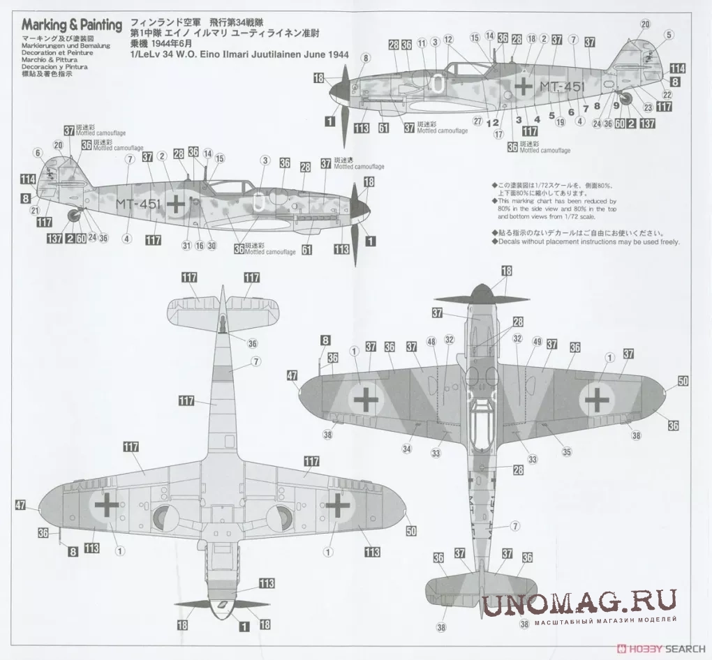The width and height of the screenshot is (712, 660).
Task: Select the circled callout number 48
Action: pos(431,341)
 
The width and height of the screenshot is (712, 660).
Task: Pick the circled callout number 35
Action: pos(567,451)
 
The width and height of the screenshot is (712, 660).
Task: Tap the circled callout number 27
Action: pos(478,120)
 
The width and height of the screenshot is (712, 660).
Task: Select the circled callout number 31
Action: pos(186,245)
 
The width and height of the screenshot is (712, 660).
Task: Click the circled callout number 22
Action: pos(667,95)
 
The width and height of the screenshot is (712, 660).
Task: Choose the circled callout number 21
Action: pos(35,211)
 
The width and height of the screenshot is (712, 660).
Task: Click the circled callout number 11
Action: pos(422,43)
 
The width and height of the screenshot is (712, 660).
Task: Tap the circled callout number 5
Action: pos(668,35)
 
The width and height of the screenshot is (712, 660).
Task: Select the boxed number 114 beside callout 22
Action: pos(677,68)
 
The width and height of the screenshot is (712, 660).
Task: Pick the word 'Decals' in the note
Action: pos(509,242)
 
